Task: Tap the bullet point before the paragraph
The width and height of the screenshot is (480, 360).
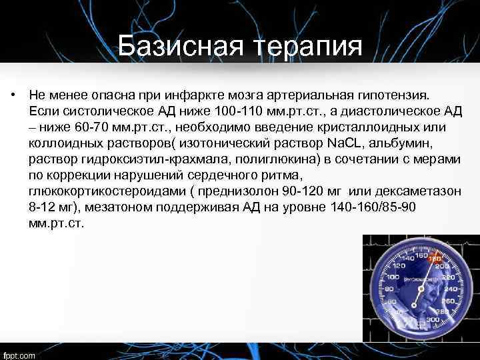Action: [x=13, y=95]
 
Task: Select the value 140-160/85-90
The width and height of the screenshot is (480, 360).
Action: [x=373, y=207]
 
